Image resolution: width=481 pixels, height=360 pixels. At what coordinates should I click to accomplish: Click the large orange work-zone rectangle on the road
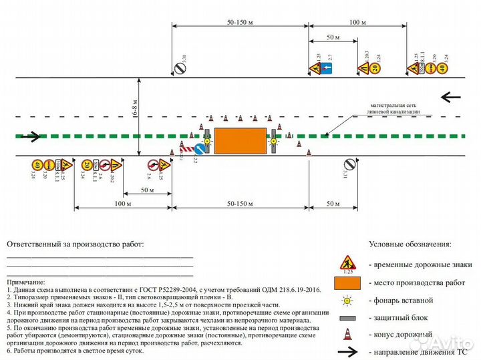click(x=240, y=141)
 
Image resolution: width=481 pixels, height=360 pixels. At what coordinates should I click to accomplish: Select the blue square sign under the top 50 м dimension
click(x=328, y=68)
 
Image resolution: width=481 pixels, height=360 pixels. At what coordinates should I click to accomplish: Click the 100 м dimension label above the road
click(x=357, y=22)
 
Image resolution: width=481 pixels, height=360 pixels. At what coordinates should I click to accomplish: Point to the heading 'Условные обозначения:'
click(x=410, y=244)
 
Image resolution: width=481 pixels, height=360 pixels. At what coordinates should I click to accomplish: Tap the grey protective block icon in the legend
click(x=347, y=317)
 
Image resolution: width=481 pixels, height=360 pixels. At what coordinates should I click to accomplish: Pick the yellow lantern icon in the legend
click(x=347, y=301)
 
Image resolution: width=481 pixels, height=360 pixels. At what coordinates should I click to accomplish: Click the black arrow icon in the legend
click(x=347, y=351)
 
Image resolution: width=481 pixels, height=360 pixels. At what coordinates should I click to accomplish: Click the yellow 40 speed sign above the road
click(x=443, y=68)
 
